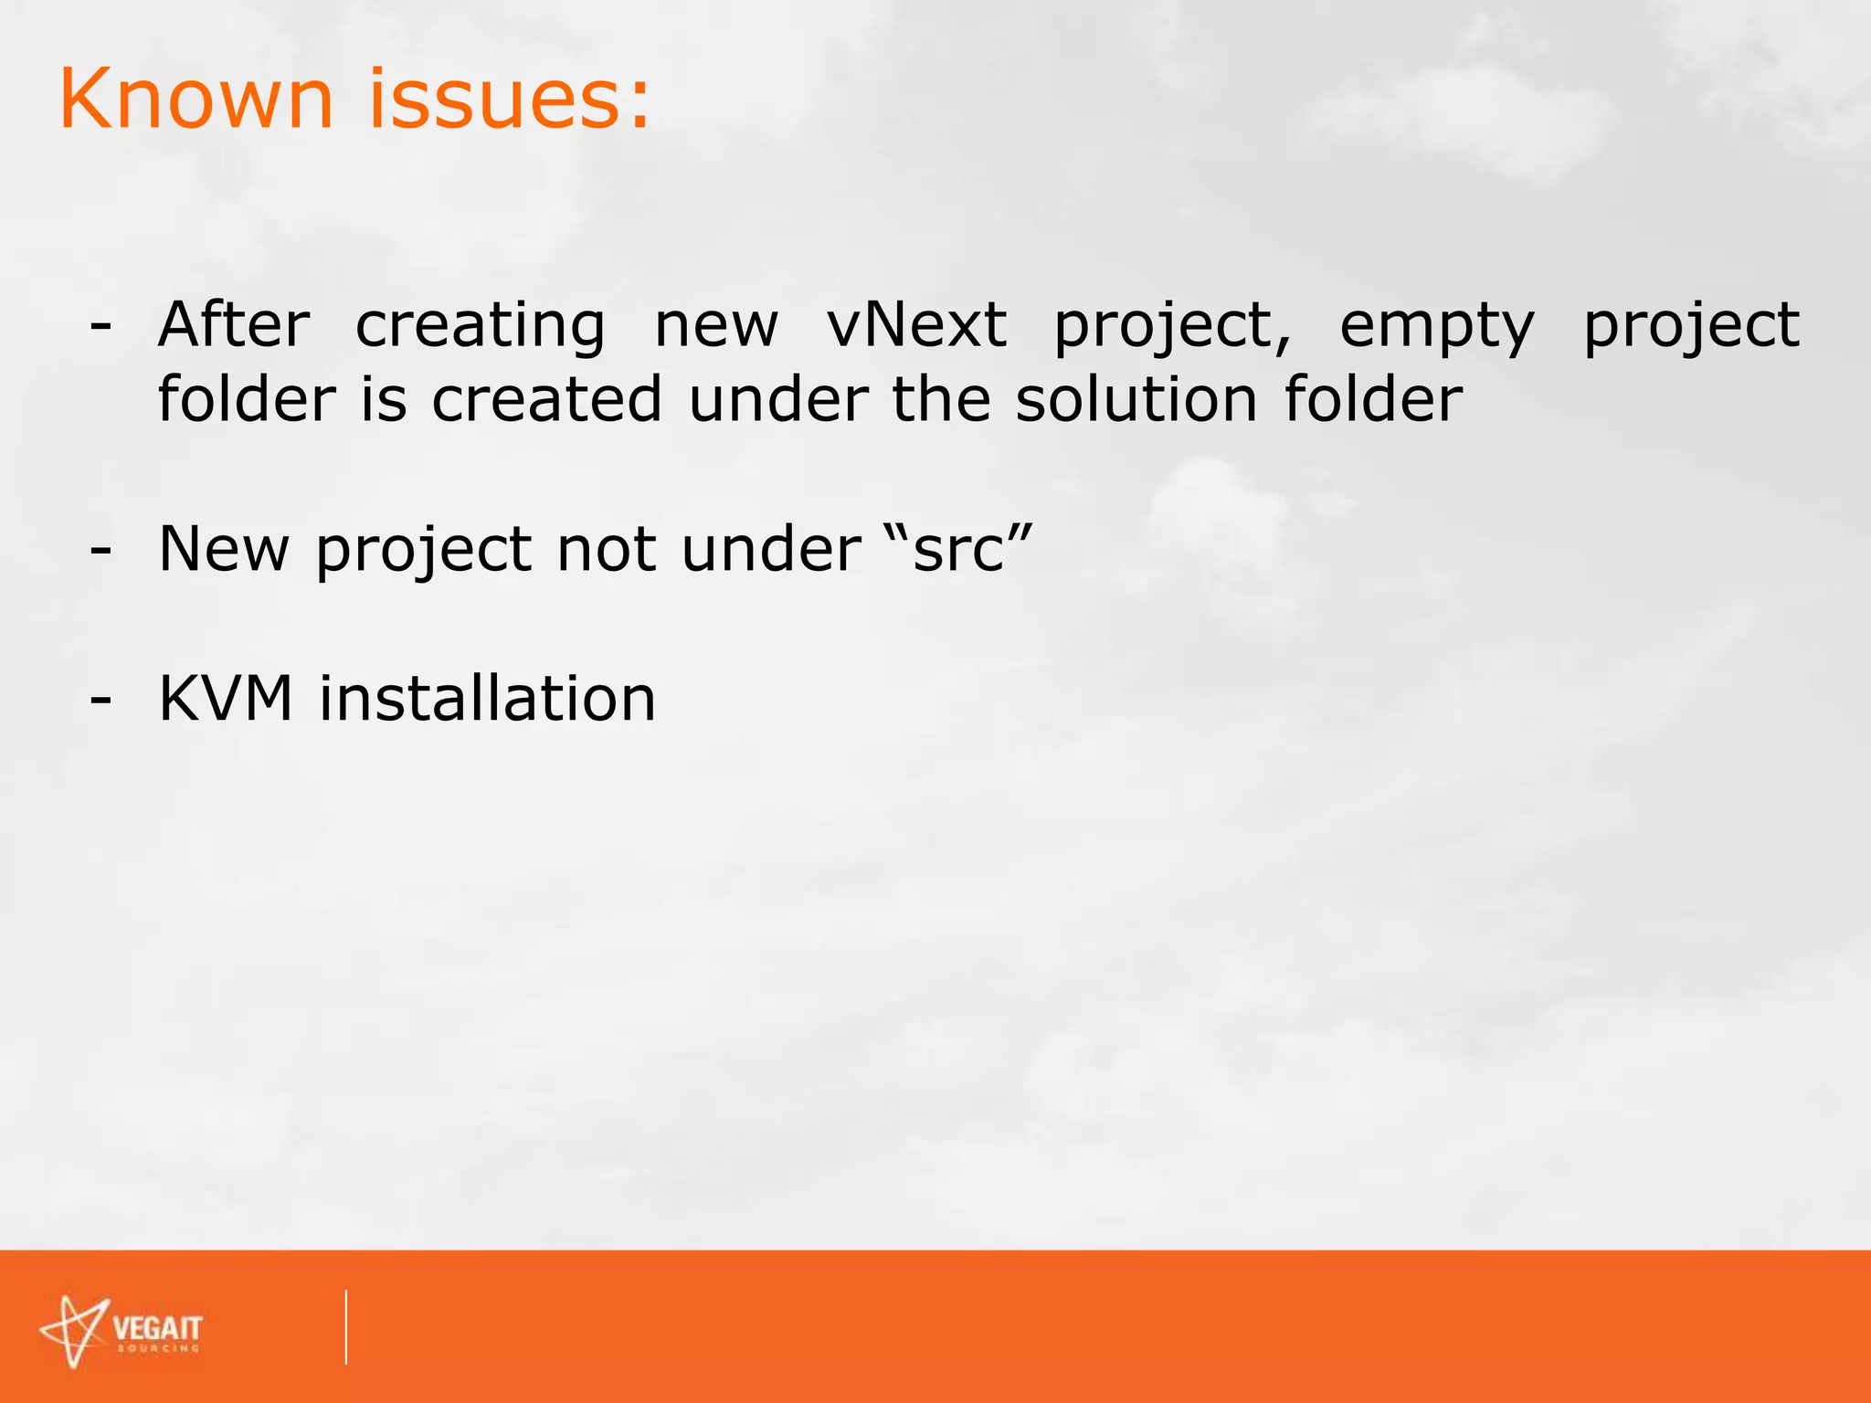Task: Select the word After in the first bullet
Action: click(x=234, y=325)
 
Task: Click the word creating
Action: click(x=480, y=327)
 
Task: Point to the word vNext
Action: click(x=916, y=325)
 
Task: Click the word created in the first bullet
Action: click(x=546, y=400)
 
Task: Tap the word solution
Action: click(x=1136, y=400)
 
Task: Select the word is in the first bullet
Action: click(x=383, y=400)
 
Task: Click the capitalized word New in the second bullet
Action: click(x=224, y=549)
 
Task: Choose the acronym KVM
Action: click(x=226, y=699)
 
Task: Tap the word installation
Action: click(x=487, y=699)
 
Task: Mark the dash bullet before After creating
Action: click(x=100, y=327)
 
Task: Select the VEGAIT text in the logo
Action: click(x=157, y=1327)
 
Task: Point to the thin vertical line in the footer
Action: click(x=346, y=1326)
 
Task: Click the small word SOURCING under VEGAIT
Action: click(x=158, y=1349)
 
